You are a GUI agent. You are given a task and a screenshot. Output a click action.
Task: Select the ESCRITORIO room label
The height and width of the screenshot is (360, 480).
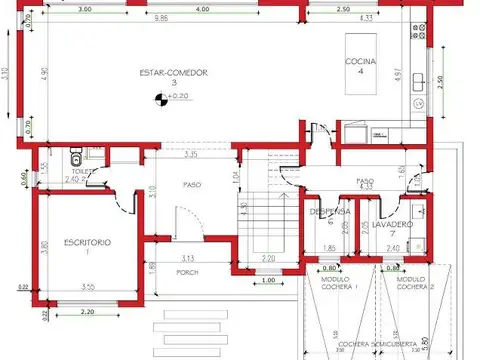(x=87, y=243)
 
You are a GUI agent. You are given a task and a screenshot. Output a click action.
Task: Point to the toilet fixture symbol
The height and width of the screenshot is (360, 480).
(x=76, y=160)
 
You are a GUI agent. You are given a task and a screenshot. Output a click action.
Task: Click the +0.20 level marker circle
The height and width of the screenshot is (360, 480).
(x=159, y=97)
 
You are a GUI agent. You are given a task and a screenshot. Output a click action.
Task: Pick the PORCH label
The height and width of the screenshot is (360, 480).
(x=186, y=271)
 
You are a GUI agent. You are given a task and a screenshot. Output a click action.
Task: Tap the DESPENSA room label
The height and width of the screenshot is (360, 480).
(x=329, y=212)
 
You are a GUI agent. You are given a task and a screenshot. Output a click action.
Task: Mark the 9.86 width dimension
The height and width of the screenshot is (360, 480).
(x=160, y=19)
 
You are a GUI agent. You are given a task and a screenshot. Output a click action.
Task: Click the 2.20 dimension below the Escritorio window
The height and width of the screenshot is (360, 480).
(x=87, y=313)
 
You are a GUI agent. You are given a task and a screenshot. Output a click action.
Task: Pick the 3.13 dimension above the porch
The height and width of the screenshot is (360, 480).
(x=187, y=257)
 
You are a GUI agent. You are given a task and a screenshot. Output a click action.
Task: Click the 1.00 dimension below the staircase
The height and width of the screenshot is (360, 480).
(x=267, y=280)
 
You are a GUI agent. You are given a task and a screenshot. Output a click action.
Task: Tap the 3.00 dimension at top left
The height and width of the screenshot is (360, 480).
(x=84, y=8)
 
